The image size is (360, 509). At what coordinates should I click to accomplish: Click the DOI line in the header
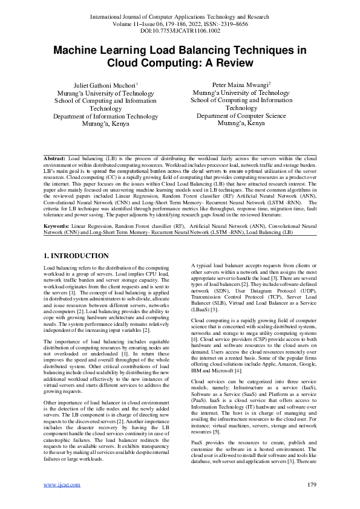click(180, 29)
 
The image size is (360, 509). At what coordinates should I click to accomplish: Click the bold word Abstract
click(55, 157)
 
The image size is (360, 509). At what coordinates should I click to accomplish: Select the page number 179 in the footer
click(312, 485)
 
